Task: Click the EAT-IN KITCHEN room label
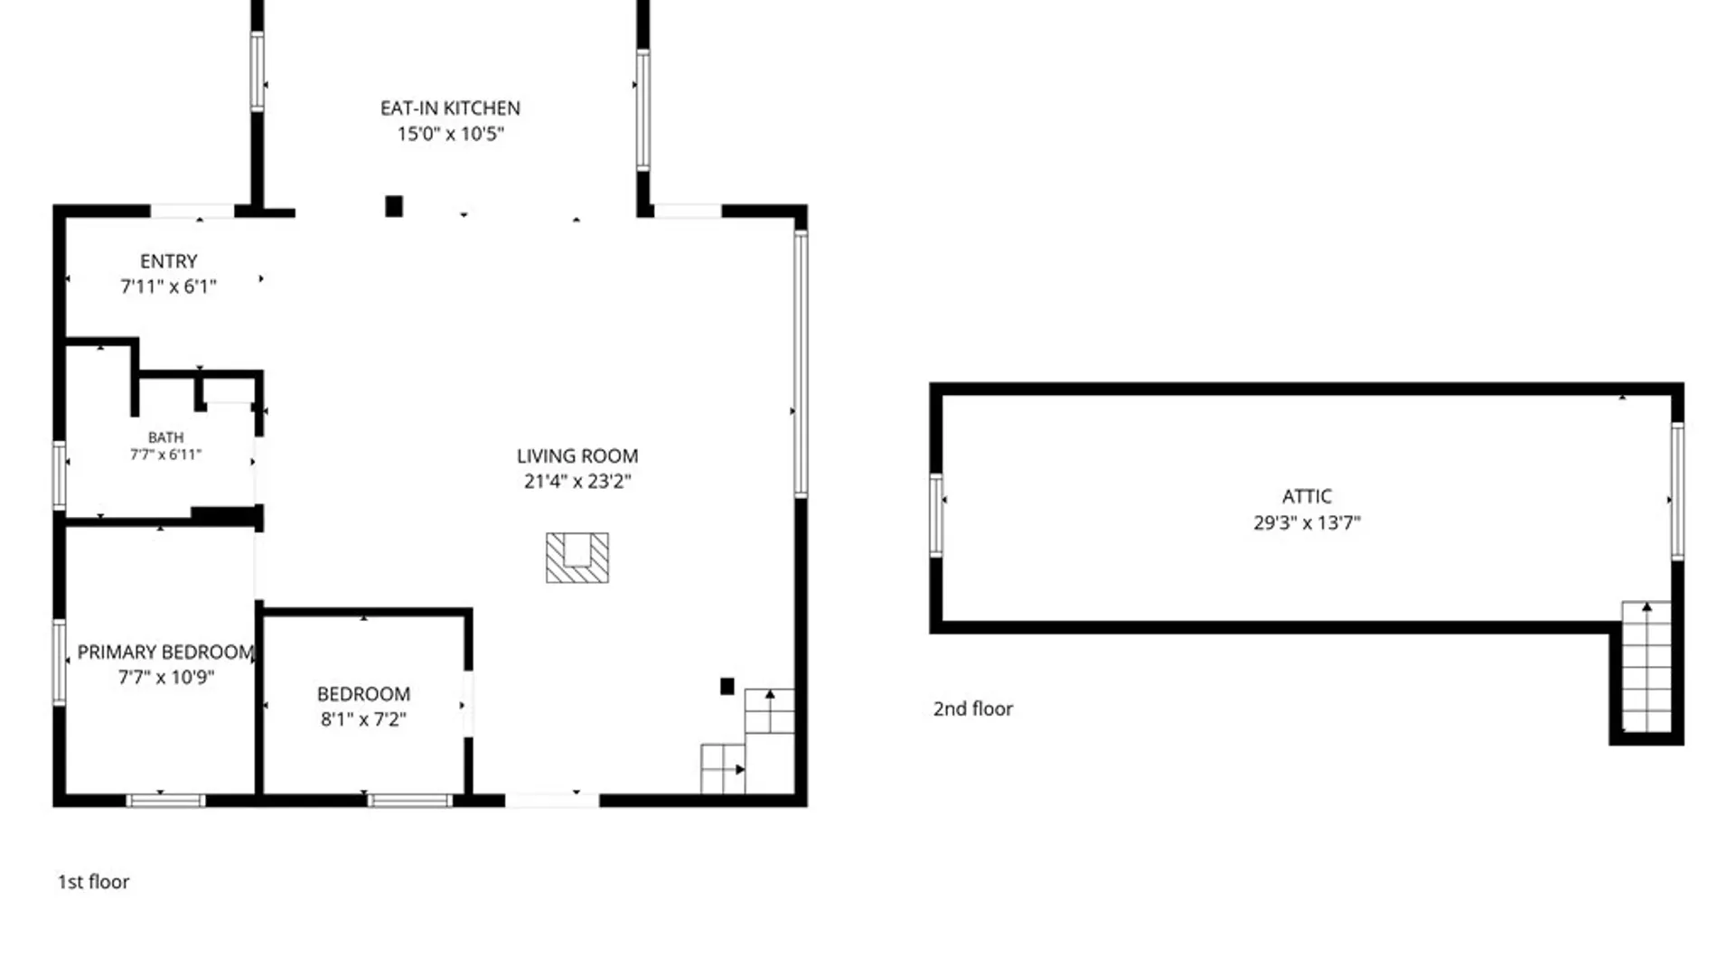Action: tap(450, 108)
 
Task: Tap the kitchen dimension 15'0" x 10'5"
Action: tap(450, 134)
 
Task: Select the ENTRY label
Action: tap(168, 261)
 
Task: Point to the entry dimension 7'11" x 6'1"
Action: tap(168, 286)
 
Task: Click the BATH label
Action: tap(165, 437)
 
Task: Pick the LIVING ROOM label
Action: tap(577, 456)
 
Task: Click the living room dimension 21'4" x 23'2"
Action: tap(577, 482)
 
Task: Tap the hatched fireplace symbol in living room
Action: tap(577, 558)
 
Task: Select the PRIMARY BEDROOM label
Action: tap(165, 652)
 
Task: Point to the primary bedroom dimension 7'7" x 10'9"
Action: tap(165, 677)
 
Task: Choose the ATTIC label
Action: tap(1307, 496)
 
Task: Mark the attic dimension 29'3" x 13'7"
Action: tap(1307, 522)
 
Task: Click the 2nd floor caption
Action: tap(973, 709)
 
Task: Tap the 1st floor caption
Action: tap(93, 882)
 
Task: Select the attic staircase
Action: tap(1646, 666)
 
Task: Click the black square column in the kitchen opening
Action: tap(394, 206)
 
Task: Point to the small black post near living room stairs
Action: tap(727, 686)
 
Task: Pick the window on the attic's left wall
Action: tap(937, 514)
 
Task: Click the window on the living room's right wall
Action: tap(801, 363)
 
